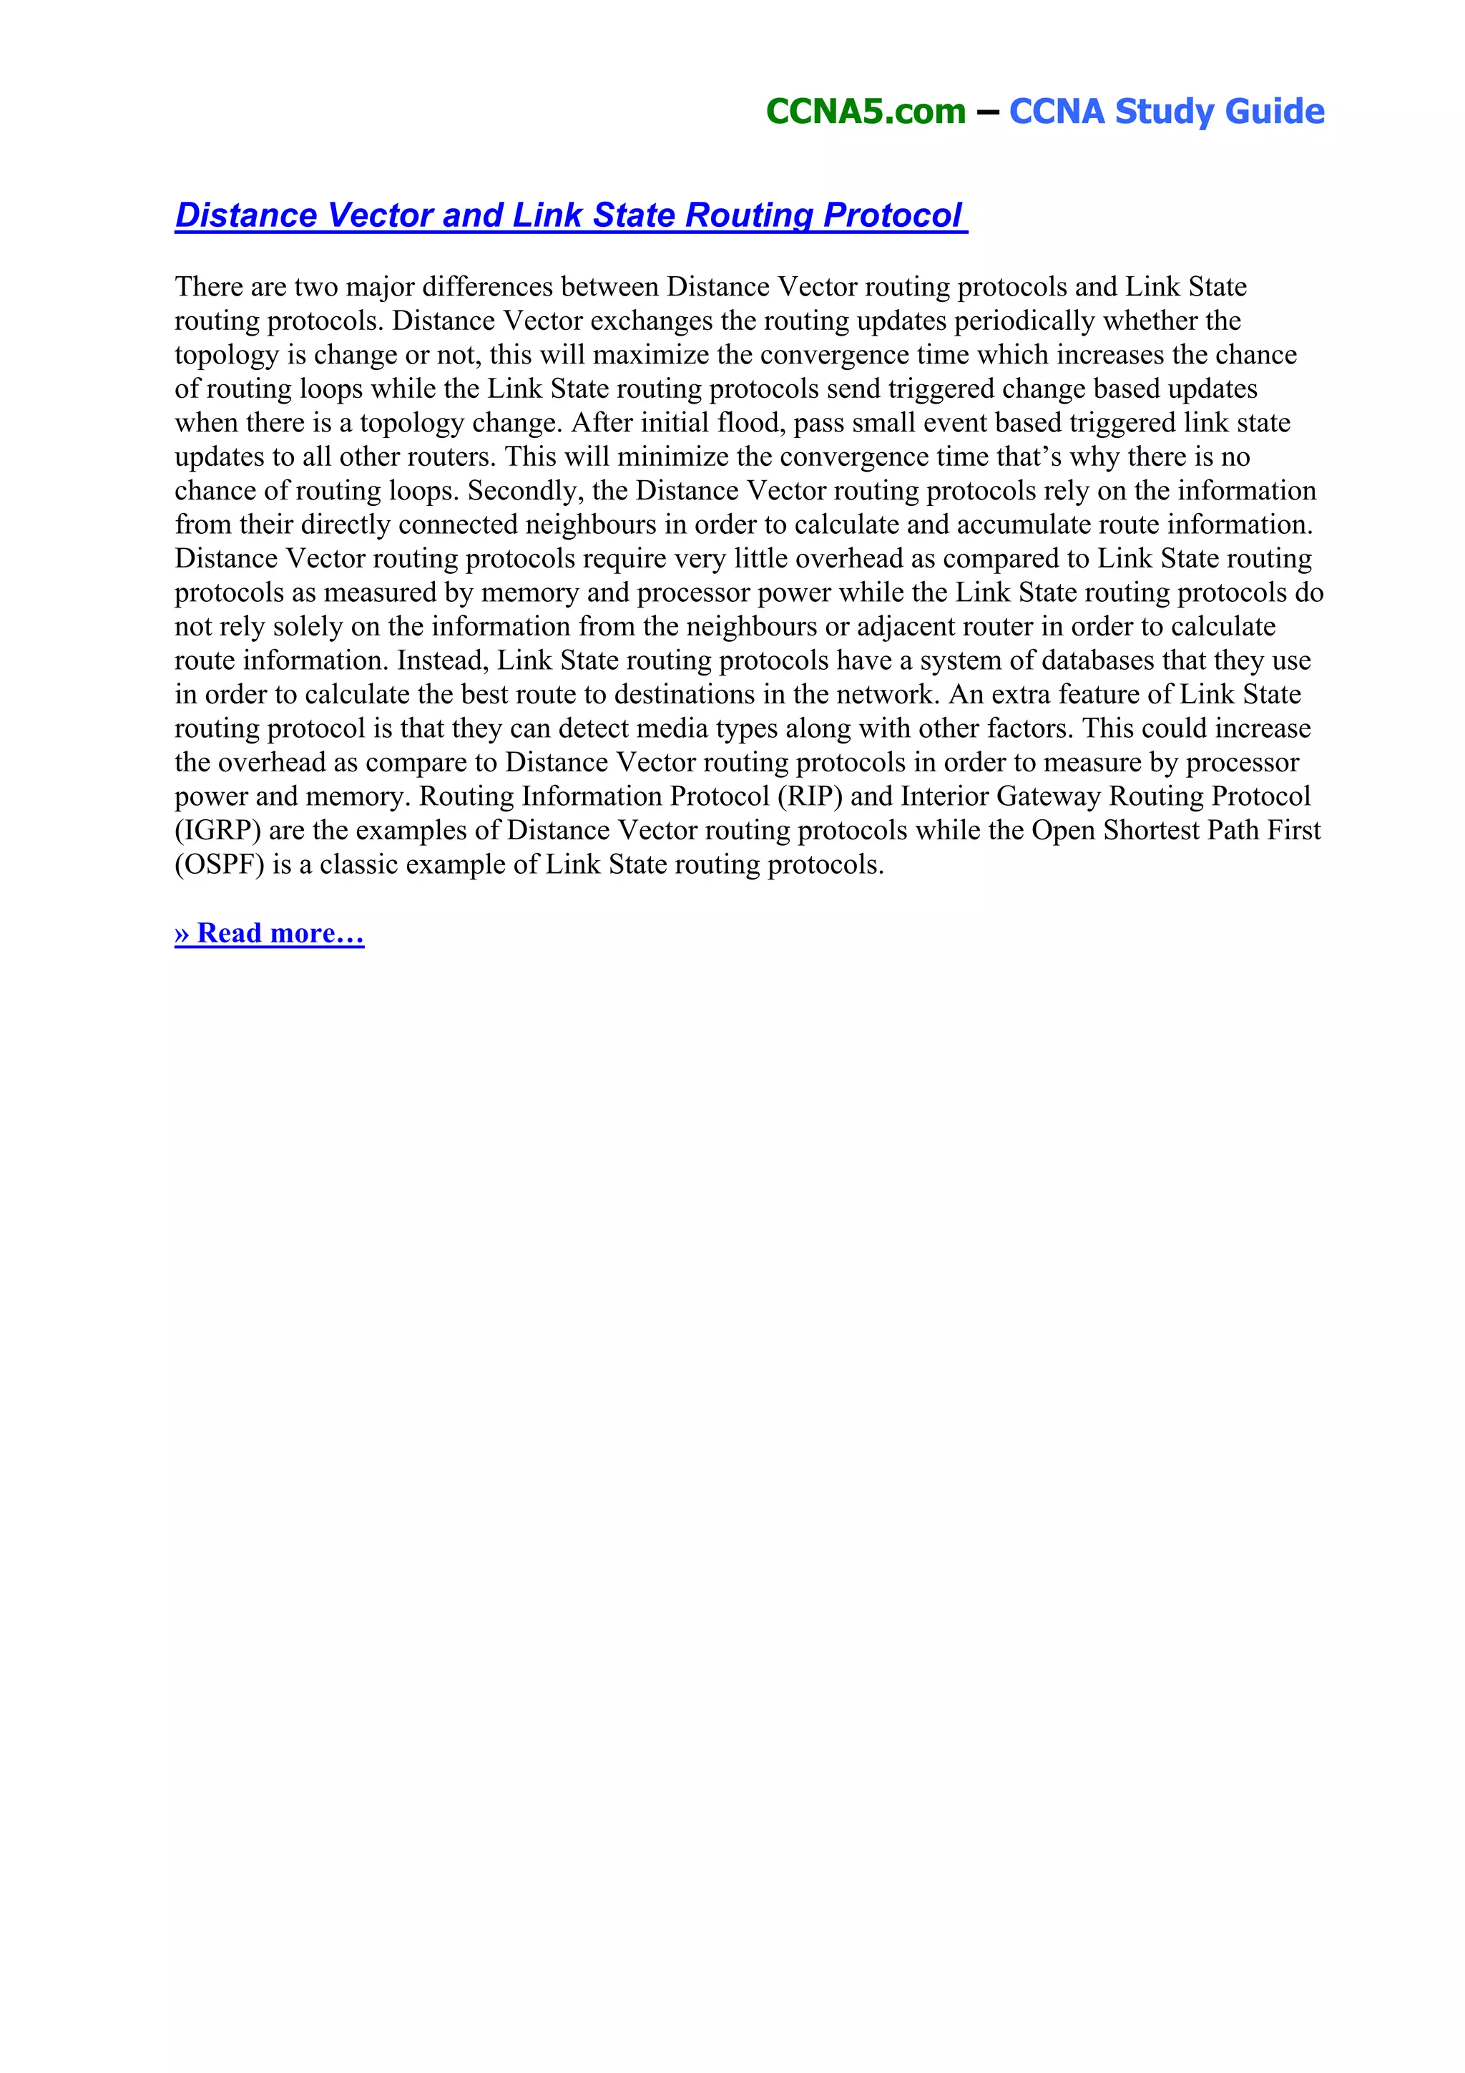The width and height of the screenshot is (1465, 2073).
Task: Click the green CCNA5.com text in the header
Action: click(865, 111)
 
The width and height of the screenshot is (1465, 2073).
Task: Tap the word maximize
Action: click(651, 355)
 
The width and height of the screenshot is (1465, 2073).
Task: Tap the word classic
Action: click(358, 865)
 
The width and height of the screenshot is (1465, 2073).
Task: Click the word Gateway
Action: click(1048, 796)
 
